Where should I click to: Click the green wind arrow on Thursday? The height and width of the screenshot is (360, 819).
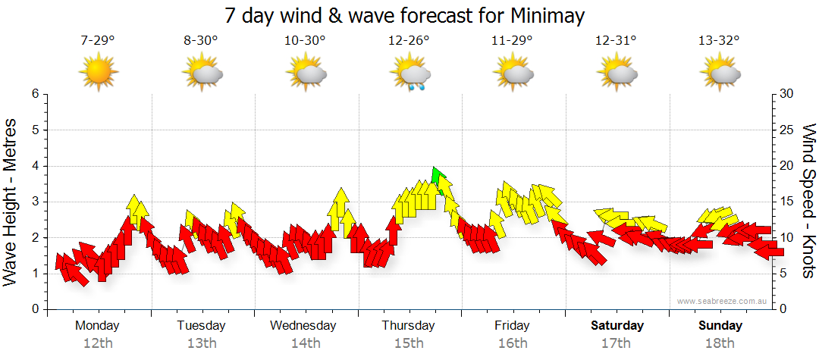(x=436, y=177)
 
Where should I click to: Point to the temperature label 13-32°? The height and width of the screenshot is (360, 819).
(x=718, y=41)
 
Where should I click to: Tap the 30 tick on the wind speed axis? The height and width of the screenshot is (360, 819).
(x=788, y=94)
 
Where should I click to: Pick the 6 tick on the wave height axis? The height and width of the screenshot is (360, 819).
(x=34, y=94)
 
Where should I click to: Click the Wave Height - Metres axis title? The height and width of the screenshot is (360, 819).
(x=11, y=202)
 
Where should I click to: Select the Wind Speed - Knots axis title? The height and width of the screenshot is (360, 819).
(x=808, y=202)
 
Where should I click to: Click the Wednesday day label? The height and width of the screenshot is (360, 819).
(x=303, y=325)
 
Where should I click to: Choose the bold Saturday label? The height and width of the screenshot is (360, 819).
(x=617, y=325)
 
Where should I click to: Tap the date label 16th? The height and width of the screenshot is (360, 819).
(x=513, y=343)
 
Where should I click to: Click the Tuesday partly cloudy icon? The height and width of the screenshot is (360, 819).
(x=202, y=74)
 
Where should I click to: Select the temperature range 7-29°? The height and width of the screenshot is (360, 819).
(x=98, y=41)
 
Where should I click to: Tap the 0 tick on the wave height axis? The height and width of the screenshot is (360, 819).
(x=34, y=309)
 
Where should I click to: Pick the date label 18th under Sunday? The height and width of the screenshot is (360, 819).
(x=720, y=343)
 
